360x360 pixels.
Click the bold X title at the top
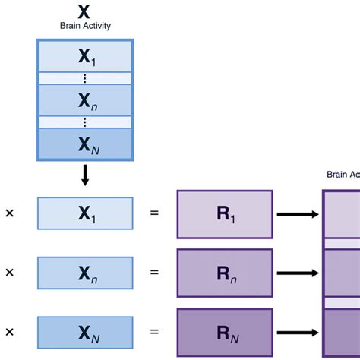tap(85, 11)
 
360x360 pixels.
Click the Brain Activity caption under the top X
tap(85, 25)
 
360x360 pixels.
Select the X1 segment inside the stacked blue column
tap(85, 57)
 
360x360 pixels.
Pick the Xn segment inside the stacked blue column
tap(85, 99)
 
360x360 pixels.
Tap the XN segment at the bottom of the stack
tap(85, 144)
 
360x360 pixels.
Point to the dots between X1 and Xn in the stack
tap(85, 78)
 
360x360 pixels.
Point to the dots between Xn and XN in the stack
tap(85, 122)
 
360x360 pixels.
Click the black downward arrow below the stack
tap(85, 175)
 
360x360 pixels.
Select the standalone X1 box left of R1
tap(85, 213)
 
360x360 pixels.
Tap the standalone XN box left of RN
tap(85, 332)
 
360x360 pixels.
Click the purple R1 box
tap(224, 214)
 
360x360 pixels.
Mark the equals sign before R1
tap(154, 214)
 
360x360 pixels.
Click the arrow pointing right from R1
tap(297, 214)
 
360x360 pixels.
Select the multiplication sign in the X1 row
tap(10, 214)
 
